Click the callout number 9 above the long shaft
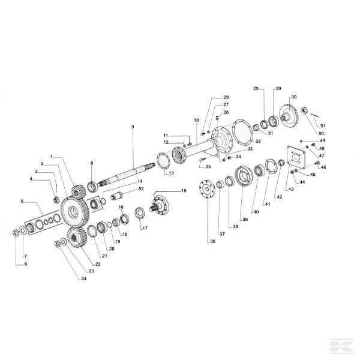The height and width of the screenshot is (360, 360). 133,127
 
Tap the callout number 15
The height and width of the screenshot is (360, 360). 184,191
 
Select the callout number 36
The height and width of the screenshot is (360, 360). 213,241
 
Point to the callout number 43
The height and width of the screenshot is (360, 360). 291,189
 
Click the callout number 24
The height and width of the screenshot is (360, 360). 84,278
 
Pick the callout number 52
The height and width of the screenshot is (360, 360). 141,189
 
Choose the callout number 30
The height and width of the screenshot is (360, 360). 294,97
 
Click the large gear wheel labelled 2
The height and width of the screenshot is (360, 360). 74,211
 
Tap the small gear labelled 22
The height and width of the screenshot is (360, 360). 76,238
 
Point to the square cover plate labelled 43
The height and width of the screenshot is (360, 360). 296,157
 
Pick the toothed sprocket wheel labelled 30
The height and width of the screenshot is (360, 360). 289,116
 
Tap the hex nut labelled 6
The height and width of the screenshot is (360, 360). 16,233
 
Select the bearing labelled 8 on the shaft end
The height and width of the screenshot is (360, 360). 93,187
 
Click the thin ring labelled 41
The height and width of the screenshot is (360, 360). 271,166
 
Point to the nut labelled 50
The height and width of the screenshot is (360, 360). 304,110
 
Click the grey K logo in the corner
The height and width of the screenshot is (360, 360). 342,346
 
